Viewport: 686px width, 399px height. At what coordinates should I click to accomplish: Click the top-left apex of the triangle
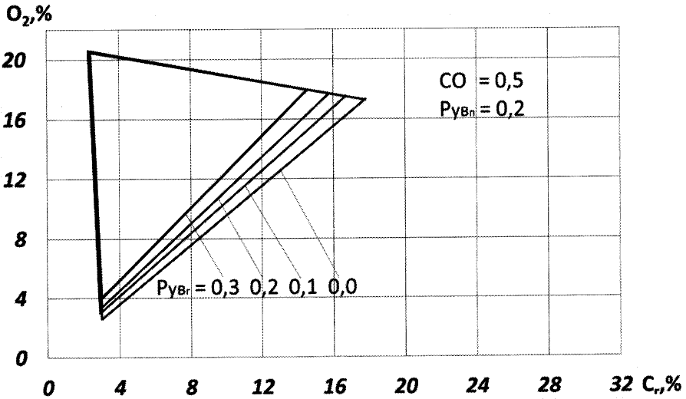coord(89,52)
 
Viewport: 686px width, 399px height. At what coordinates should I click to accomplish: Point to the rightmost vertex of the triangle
coord(365,99)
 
